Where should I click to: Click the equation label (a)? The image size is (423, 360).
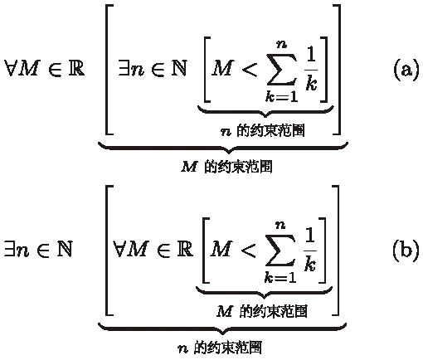406,69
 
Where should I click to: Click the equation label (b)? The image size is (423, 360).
406,249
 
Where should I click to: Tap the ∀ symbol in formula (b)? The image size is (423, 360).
119,248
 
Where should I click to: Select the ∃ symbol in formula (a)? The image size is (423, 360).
124,68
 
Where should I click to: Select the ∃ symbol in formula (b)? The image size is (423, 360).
10,248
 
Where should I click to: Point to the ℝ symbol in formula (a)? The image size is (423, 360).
76,68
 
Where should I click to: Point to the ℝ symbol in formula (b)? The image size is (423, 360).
184,248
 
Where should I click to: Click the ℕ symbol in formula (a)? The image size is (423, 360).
179,68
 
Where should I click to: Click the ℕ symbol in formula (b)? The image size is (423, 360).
65,248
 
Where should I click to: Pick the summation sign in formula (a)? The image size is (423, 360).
282,69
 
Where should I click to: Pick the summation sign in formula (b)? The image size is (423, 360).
280,250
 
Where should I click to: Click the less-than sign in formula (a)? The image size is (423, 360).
250,69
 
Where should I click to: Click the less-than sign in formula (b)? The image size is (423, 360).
248,250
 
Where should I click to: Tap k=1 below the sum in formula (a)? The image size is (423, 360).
281,96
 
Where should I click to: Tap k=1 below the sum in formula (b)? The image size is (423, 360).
280,277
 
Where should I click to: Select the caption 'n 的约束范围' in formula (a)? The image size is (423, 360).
263,130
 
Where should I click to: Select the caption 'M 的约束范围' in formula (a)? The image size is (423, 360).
226,167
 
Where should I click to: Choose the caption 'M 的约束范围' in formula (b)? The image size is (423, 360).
262,311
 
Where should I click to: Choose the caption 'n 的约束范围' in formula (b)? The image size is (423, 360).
220,348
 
